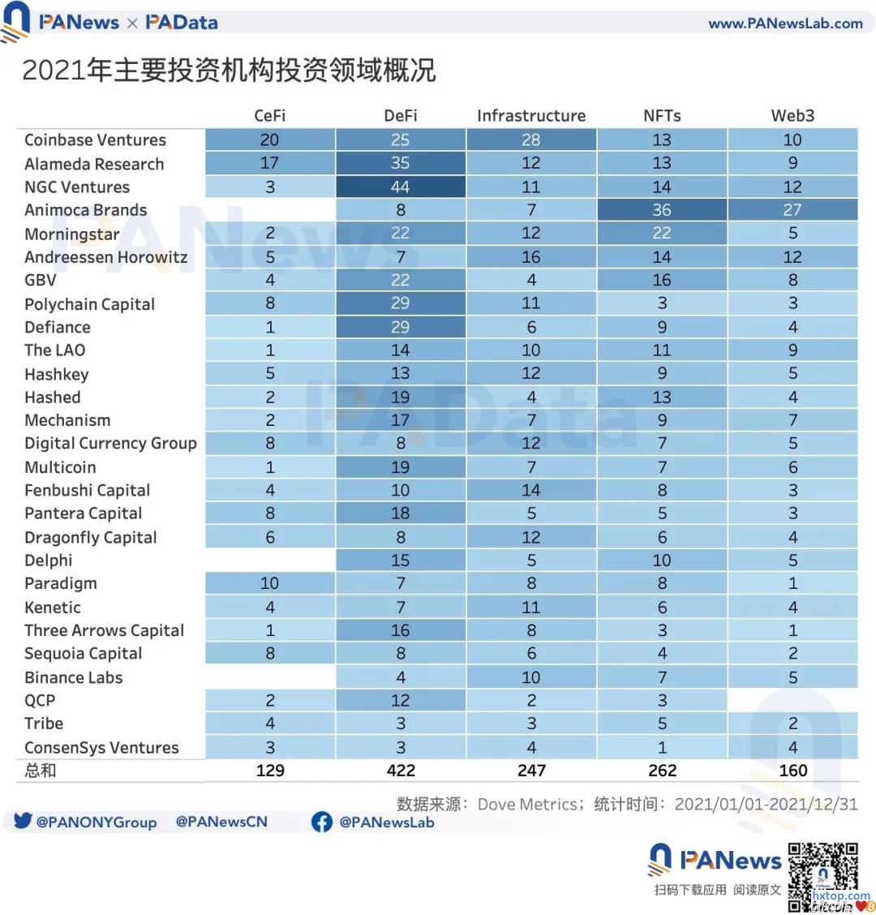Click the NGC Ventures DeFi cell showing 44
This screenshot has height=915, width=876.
pos(401,187)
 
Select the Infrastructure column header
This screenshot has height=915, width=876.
pos(531,116)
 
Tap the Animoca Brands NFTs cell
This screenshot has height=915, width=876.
pos(662,210)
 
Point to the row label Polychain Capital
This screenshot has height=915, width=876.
pos(89,304)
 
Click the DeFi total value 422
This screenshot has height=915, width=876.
pos(401,771)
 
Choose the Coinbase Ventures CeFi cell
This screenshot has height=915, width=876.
pos(270,140)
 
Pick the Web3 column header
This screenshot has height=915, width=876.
pos(792,116)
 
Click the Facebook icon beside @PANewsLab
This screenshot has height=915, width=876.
pos(322,822)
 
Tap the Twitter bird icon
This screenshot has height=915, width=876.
pos(23,821)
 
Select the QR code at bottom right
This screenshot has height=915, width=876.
pos(822,876)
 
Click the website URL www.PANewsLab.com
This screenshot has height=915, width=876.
pos(785,24)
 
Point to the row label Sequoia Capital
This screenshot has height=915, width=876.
pos(83,654)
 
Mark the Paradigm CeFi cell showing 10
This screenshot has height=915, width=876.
pos(270,583)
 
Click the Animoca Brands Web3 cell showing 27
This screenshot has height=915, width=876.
pos(792,210)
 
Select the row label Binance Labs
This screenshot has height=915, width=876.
pos(74,677)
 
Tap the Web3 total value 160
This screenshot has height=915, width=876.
pos(792,771)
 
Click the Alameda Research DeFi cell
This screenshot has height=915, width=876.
pos(401,163)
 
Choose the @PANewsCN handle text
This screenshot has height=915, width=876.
pos(221,822)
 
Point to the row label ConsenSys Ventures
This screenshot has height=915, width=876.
pos(101,748)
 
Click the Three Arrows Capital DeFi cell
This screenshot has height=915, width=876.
pos(401,630)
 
